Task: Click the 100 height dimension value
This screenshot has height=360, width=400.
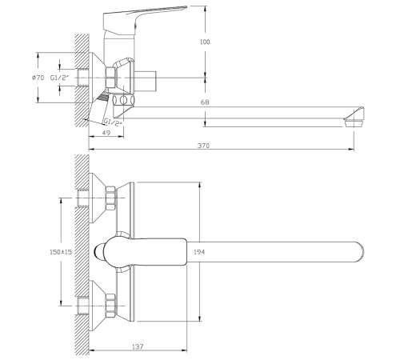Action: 205,42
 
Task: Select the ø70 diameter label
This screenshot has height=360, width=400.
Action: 38,78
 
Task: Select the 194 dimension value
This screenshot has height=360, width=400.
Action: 199,252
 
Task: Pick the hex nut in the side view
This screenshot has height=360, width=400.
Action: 112,78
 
